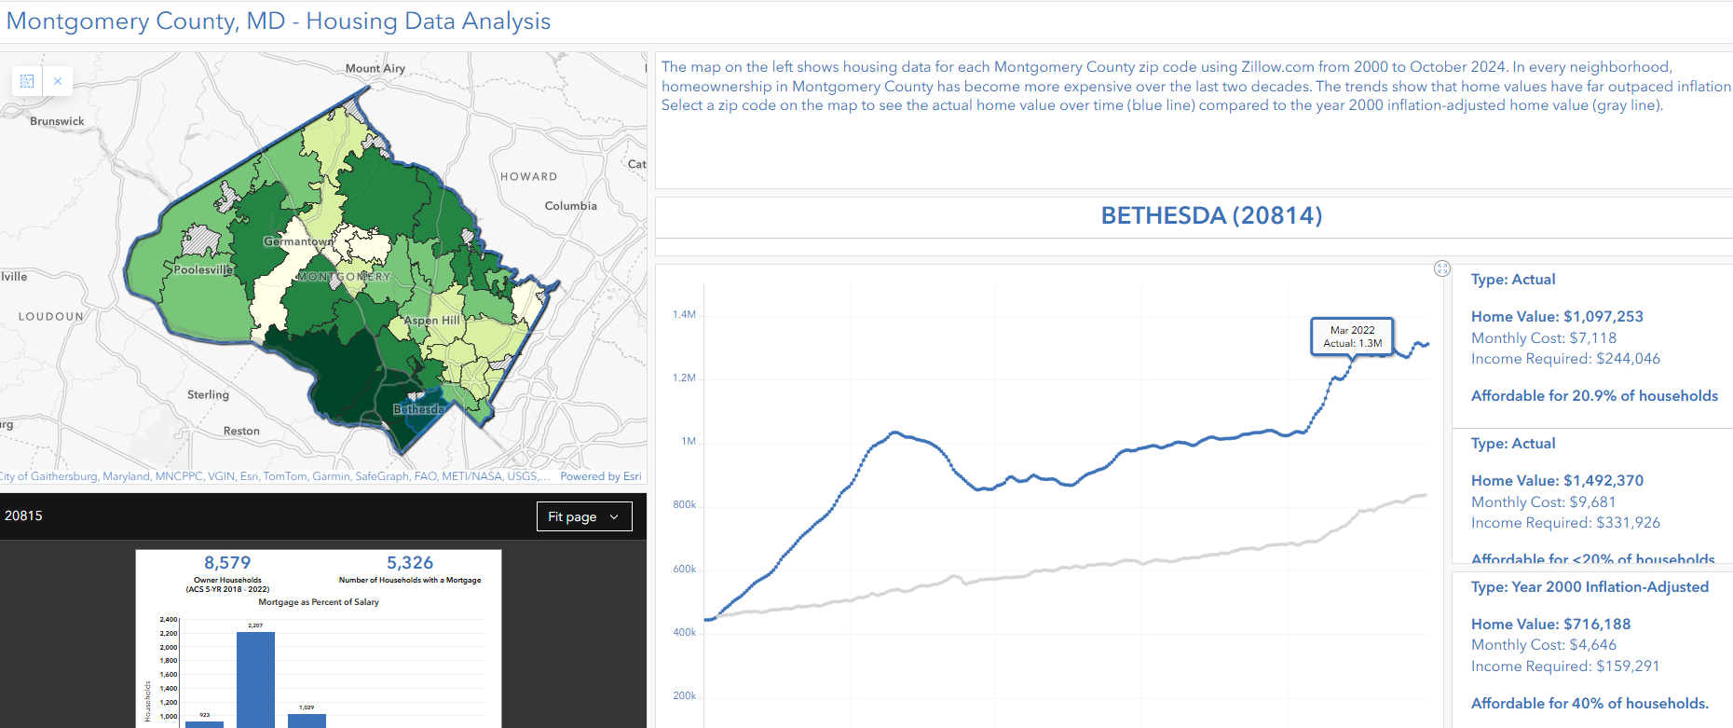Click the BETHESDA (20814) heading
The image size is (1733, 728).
pos(1211,215)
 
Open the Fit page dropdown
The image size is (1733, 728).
pos(584,516)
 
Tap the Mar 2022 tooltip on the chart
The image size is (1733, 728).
pos(1352,337)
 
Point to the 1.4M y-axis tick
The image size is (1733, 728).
pos(684,315)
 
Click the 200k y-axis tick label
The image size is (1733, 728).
pos(684,696)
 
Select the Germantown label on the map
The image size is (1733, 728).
pos(298,241)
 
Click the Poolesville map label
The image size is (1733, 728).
pos(203,269)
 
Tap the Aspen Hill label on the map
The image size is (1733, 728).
pos(432,321)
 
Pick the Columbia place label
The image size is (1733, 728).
pos(570,206)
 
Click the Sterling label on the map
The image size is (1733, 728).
pos(208,395)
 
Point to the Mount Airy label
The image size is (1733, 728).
pos(375,68)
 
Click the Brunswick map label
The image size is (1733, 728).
pos(57,121)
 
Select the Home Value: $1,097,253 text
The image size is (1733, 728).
pos(1557,317)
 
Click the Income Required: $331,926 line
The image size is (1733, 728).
pos(1565,523)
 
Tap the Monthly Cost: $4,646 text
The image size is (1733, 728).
pos(1544,645)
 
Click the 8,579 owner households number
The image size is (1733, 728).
pos(227,563)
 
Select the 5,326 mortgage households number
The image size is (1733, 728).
pos(410,563)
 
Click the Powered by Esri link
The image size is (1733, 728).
pos(601,476)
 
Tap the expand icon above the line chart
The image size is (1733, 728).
pos(1442,268)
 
